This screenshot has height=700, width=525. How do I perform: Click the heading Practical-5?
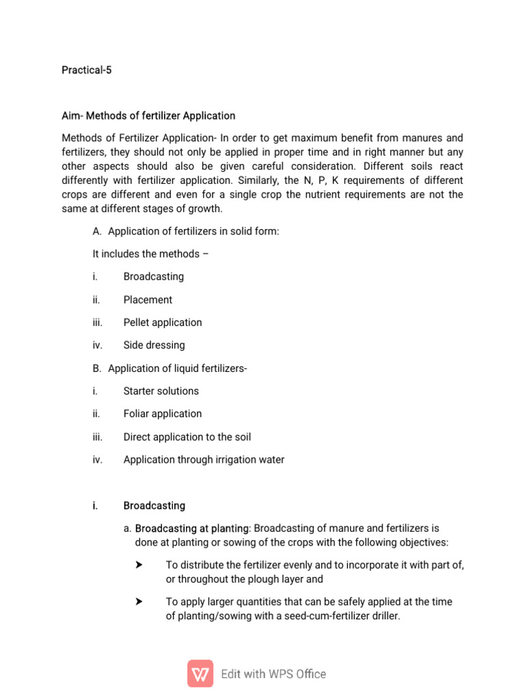[x=86, y=70]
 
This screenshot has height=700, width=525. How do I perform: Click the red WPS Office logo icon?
[x=200, y=673]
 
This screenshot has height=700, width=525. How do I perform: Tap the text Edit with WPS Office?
[x=273, y=674]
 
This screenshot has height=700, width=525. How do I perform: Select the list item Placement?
[x=148, y=299]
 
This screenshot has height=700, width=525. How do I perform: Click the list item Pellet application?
[x=163, y=322]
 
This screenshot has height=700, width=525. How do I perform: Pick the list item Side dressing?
[x=154, y=345]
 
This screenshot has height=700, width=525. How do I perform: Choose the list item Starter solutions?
[x=161, y=391]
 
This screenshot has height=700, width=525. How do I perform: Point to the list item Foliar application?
[x=163, y=414]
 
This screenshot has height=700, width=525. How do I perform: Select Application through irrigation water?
[x=204, y=459]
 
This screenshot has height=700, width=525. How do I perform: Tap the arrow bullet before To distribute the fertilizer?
[x=139, y=565]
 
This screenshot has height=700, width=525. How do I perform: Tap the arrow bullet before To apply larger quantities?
[x=139, y=602]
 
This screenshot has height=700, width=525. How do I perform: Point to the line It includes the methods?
[x=150, y=254]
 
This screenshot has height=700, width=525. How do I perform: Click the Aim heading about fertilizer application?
[x=148, y=116]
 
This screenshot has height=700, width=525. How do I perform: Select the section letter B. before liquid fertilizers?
[x=97, y=368]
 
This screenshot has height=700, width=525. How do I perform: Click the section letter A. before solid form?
[x=97, y=231]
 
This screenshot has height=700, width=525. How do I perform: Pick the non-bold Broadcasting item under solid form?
[x=154, y=277]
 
